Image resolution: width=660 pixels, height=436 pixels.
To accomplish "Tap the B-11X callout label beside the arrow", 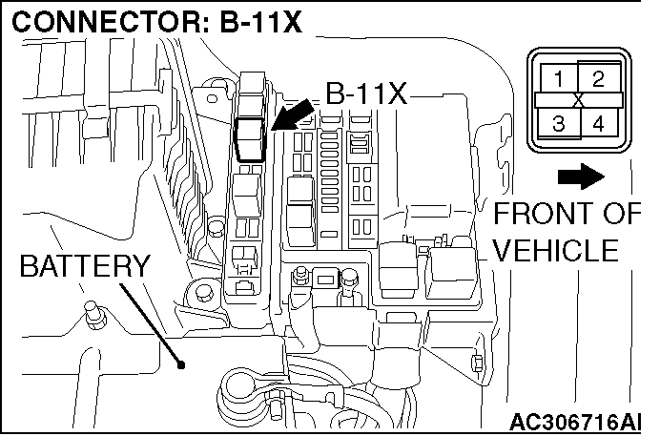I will (365, 93).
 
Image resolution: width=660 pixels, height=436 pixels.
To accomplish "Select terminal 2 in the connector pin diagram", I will (597, 79).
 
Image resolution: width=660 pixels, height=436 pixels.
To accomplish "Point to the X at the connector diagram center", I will (578, 99).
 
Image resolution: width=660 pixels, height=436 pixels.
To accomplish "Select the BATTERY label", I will (84, 266).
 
